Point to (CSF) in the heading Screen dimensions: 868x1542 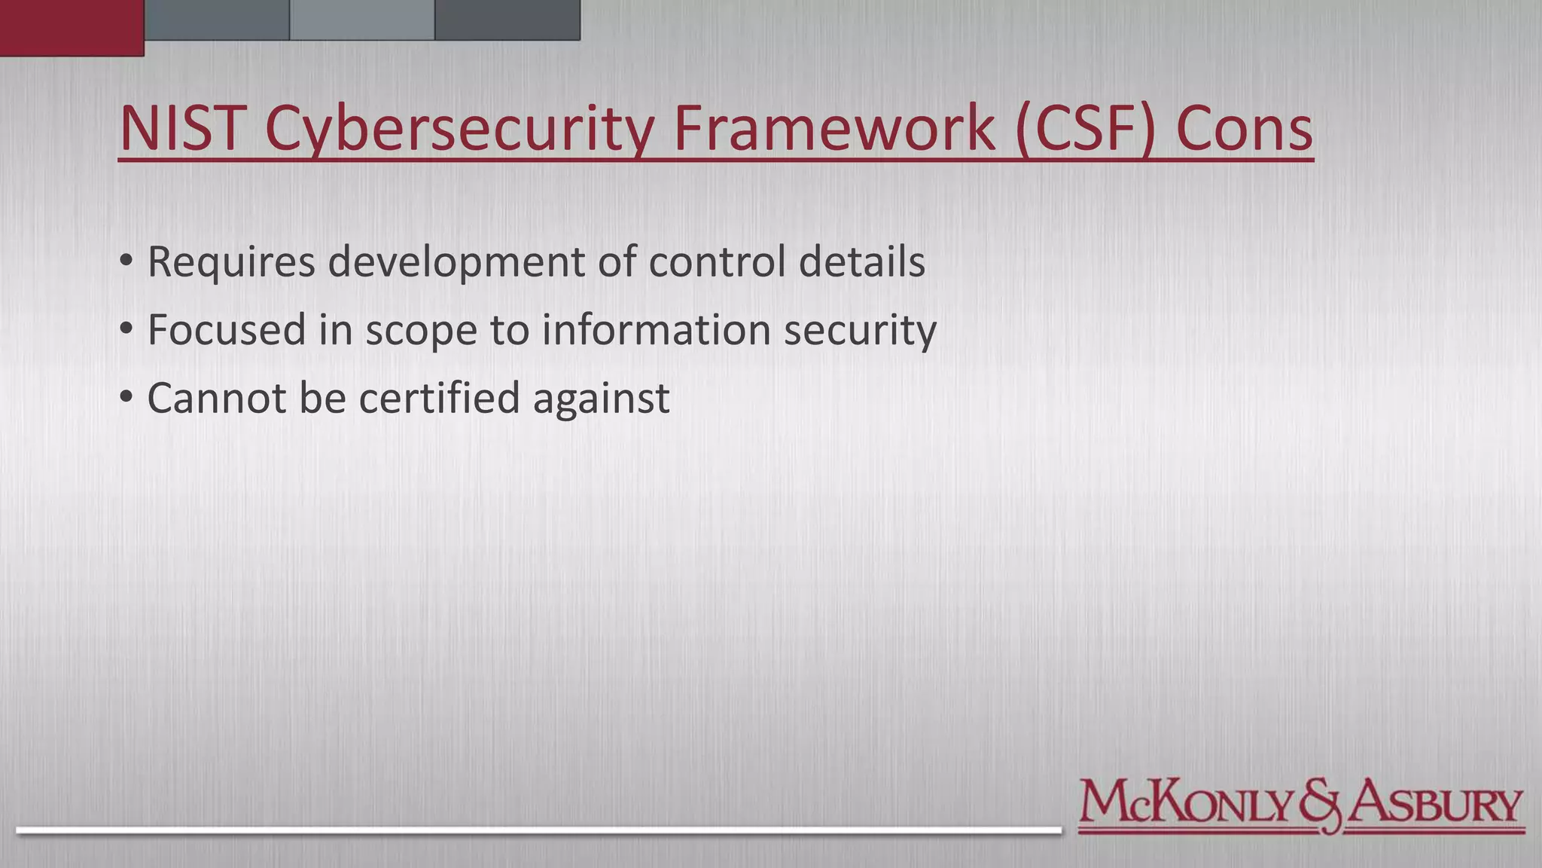[1085, 128]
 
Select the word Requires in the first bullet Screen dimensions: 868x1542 [230, 262]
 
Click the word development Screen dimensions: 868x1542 [456, 262]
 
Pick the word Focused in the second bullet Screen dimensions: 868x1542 [226, 330]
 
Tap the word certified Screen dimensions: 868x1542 [439, 397]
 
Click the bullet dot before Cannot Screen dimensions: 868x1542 [126, 396]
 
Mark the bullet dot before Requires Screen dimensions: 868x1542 [126, 260]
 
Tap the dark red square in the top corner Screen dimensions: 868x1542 [72, 27]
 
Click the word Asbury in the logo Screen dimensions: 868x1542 [1435, 804]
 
